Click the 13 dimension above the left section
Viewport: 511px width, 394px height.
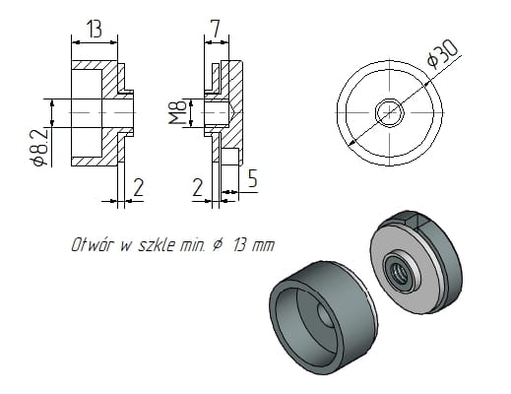(x=95, y=29)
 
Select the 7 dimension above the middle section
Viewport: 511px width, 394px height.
(x=214, y=29)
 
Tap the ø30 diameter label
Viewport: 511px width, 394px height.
(x=444, y=54)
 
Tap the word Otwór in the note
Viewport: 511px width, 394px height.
(x=92, y=244)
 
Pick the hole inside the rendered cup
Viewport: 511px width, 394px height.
(x=326, y=316)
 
